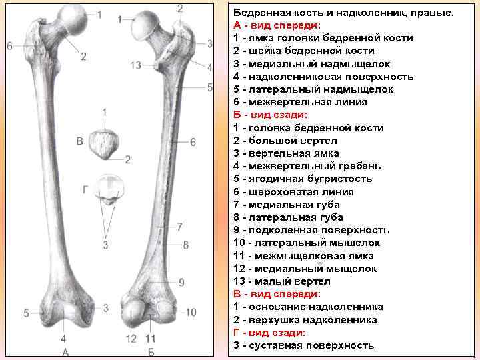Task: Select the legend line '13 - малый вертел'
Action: click(282, 281)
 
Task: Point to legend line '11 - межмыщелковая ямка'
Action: click(303, 256)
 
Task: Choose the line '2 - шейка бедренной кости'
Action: click(303, 51)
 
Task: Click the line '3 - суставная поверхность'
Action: click(303, 345)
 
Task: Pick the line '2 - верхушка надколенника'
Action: click(305, 320)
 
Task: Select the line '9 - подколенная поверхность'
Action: click(311, 230)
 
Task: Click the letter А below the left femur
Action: click(65, 351)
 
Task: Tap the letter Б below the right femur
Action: click(151, 351)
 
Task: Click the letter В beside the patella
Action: click(80, 141)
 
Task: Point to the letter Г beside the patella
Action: click(85, 189)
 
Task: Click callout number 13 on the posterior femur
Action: click(137, 65)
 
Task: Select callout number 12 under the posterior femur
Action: click(132, 339)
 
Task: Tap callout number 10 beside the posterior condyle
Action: click(191, 312)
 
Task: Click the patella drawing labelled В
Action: click(105, 142)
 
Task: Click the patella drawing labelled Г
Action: click(106, 188)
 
